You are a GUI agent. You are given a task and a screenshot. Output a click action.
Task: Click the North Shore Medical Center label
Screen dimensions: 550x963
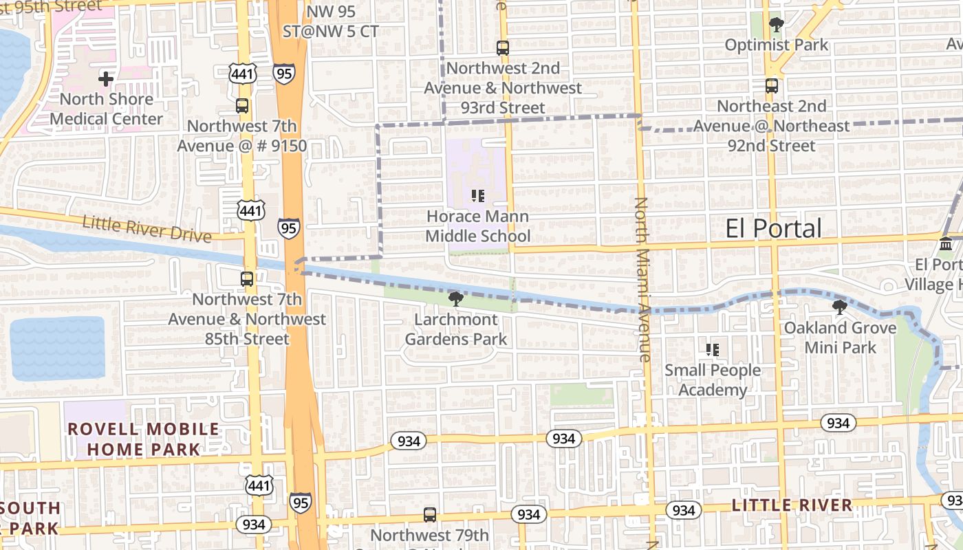(x=106, y=109)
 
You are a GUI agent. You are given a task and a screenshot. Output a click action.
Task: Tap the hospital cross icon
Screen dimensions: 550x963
(x=106, y=79)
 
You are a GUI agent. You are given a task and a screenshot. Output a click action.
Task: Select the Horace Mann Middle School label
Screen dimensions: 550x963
(x=477, y=226)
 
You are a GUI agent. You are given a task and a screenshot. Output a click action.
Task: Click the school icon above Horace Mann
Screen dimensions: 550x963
(x=478, y=196)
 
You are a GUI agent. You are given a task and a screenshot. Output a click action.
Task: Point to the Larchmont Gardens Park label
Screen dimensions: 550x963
(x=455, y=329)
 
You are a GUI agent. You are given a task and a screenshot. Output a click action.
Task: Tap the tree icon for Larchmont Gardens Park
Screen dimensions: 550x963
(x=455, y=298)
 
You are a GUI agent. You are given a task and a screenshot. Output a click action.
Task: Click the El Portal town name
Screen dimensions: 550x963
(x=773, y=229)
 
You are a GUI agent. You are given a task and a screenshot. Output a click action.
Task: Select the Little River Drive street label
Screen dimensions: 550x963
(x=147, y=229)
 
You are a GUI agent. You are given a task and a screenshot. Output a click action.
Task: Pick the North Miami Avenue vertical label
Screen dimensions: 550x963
(x=642, y=279)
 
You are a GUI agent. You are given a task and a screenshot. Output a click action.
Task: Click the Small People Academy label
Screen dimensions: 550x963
(x=713, y=380)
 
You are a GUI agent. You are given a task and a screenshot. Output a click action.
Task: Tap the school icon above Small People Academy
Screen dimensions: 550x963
(x=713, y=350)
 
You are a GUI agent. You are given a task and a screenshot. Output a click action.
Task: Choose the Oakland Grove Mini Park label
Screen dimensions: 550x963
(x=841, y=338)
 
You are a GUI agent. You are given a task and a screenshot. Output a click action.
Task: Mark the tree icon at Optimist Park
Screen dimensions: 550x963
(x=777, y=25)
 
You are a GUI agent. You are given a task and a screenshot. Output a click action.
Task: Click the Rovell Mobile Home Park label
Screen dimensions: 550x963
(x=143, y=439)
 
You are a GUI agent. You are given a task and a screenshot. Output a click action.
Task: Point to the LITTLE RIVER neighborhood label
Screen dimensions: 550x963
(x=791, y=505)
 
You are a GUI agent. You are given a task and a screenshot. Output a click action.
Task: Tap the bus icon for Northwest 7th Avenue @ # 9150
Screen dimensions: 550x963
(x=242, y=106)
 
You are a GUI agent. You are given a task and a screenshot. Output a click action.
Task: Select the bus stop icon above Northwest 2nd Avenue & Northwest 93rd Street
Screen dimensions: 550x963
(x=503, y=48)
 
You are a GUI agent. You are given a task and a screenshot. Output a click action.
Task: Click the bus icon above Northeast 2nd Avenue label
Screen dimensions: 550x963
(x=772, y=86)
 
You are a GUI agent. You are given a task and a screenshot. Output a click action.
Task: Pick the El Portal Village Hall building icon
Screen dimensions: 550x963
(x=946, y=244)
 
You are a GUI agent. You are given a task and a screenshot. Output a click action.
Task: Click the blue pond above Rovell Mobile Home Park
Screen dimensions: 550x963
(x=58, y=348)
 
